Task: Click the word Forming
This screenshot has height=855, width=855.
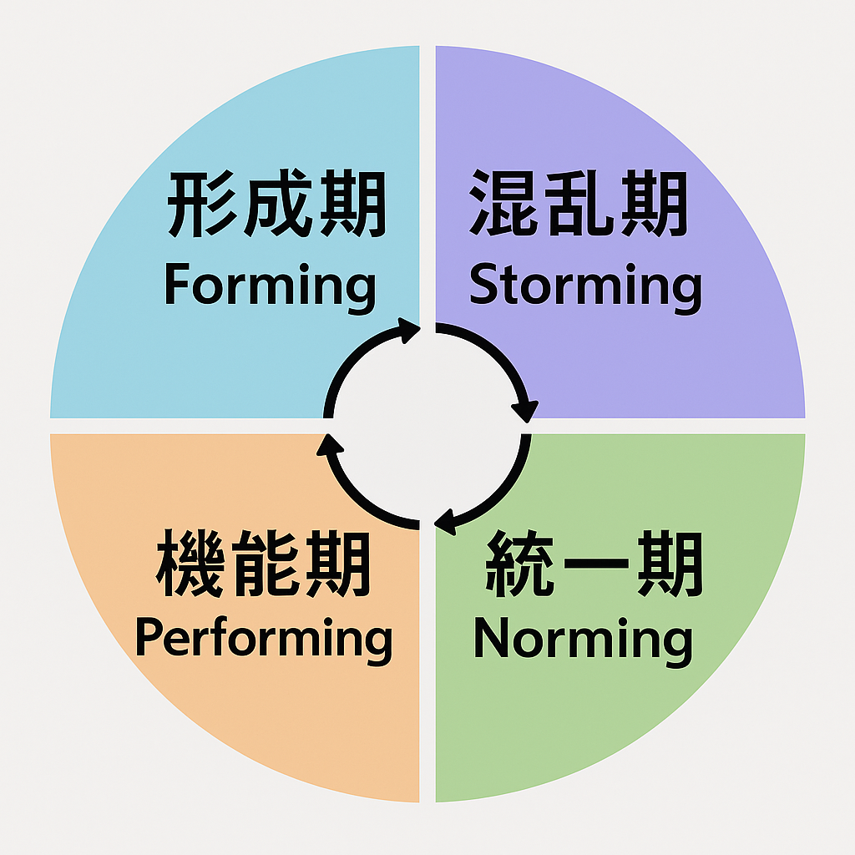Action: point(270,286)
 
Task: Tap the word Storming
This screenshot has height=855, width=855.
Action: point(584,286)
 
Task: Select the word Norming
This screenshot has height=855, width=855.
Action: point(583,640)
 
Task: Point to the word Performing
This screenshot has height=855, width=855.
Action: point(263,640)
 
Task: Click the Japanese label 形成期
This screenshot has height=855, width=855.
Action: point(276,205)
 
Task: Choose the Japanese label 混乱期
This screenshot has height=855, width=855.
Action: point(579,205)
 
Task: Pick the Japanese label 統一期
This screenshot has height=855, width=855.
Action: point(594,566)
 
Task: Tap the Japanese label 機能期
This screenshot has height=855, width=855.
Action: point(264,566)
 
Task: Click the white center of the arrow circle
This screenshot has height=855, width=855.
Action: point(427,427)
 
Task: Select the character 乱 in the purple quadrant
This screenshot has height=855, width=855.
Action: point(579,205)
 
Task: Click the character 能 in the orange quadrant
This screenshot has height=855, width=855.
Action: point(264,566)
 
